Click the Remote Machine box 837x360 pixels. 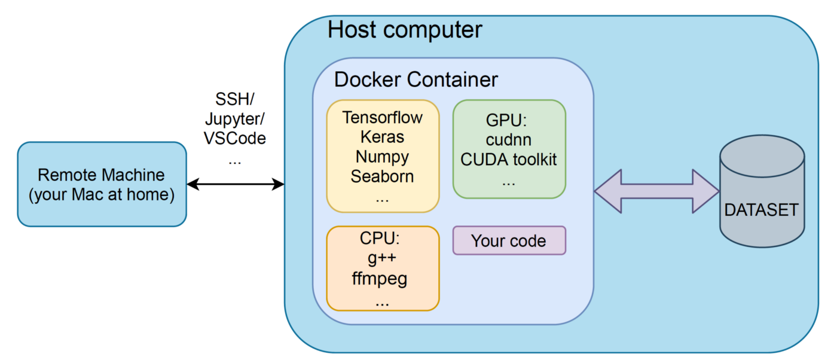click(x=102, y=184)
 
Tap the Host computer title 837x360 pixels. click(x=405, y=30)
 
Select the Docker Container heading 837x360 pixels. click(x=416, y=80)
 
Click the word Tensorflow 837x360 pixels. click(x=383, y=117)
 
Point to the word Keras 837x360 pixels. click(x=383, y=137)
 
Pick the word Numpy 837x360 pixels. click(x=383, y=157)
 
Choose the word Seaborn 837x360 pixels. click(x=383, y=177)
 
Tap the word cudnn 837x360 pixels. click(x=509, y=141)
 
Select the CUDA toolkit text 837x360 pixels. click(x=509, y=160)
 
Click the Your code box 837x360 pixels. click(x=509, y=241)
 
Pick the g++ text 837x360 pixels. click(x=383, y=260)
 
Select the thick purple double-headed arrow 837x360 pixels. click(x=656, y=191)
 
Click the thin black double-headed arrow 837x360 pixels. click(x=236, y=184)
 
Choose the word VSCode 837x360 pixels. click(x=235, y=139)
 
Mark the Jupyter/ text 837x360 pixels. click(x=235, y=119)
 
